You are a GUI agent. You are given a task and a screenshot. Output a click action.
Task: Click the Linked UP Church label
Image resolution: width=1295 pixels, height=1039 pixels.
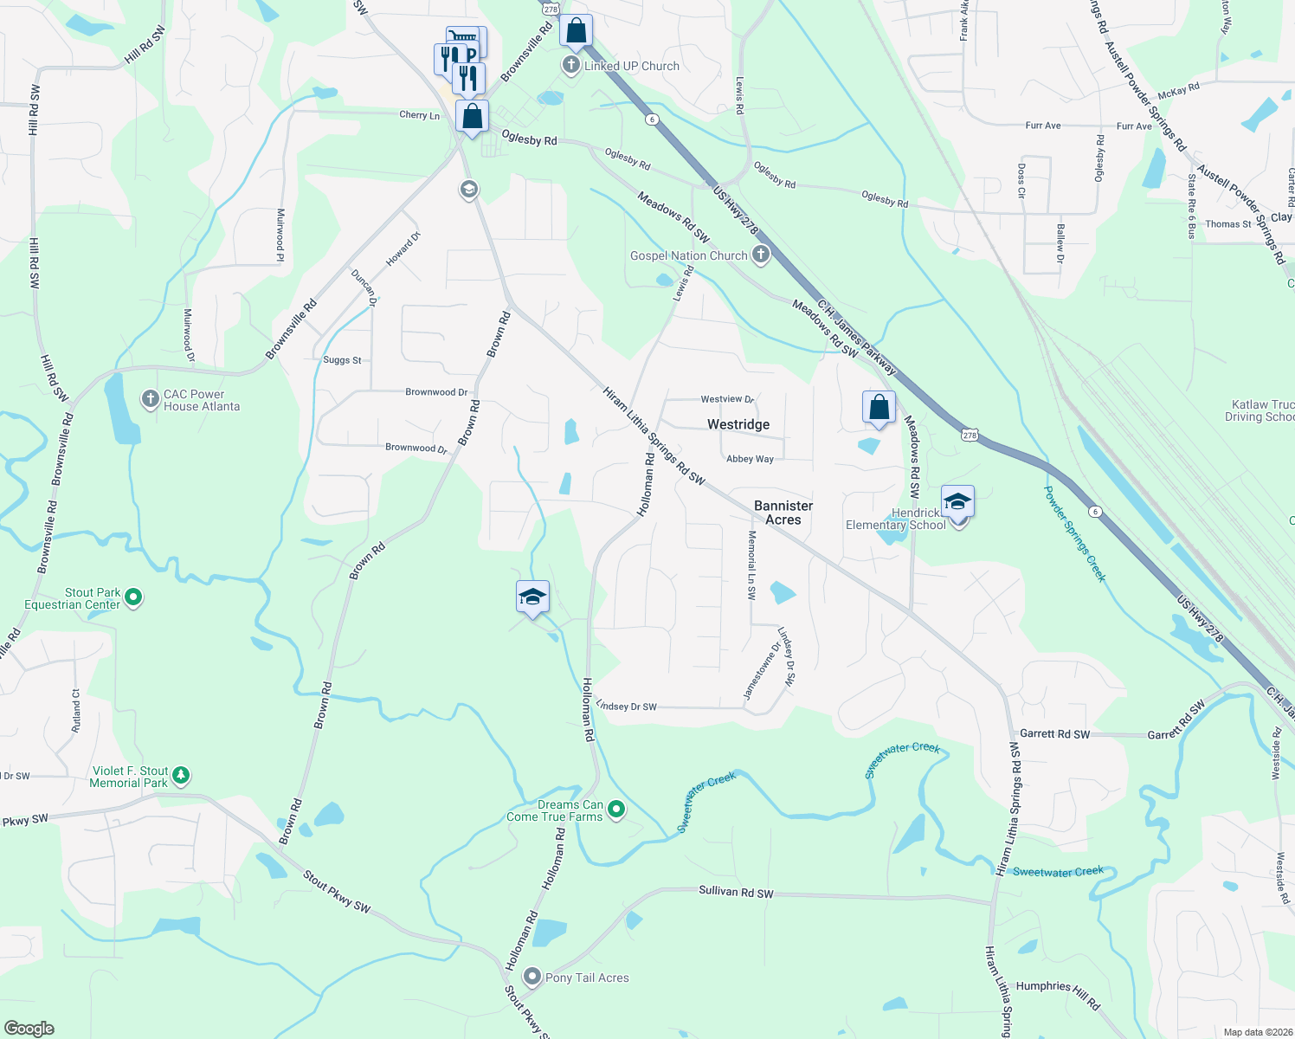631,66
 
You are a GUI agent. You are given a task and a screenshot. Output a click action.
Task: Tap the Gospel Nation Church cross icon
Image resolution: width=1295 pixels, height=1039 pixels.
761,255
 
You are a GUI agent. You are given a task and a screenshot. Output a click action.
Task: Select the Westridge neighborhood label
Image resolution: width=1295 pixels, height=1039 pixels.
738,424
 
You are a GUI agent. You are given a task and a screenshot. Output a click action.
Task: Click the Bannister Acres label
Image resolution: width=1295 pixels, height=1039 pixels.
783,513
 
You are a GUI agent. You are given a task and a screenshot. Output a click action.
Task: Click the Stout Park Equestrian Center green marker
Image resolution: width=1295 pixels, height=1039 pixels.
133,597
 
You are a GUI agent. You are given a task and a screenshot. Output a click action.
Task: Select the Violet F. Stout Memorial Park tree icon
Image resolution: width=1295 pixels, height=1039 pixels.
181,775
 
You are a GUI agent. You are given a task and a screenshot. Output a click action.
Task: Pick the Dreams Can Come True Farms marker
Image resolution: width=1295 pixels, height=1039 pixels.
616,810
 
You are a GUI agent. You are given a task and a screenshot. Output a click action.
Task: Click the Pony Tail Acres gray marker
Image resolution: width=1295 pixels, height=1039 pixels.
532,978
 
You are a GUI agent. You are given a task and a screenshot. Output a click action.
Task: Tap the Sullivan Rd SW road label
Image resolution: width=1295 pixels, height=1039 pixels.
736,892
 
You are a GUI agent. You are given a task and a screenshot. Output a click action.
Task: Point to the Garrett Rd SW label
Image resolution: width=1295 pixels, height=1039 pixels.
1054,733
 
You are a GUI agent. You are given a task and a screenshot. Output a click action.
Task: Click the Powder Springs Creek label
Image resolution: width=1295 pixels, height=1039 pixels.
1074,533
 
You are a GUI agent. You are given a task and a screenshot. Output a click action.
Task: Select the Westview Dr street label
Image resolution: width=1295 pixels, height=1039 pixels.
727,399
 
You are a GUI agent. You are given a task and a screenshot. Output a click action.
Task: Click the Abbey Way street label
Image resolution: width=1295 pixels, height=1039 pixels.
750,459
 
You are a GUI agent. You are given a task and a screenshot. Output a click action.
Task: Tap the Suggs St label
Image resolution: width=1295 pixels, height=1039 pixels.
342,360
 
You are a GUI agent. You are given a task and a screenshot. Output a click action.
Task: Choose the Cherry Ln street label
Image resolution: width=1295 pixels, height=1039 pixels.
419,115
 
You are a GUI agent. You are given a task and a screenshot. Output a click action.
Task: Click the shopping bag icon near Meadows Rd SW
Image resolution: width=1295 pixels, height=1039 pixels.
879,408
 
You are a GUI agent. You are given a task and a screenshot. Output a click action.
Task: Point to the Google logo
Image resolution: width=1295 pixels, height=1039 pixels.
29,1029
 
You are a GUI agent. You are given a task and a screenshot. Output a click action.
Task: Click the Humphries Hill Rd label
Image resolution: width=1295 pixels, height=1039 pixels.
1058,993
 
